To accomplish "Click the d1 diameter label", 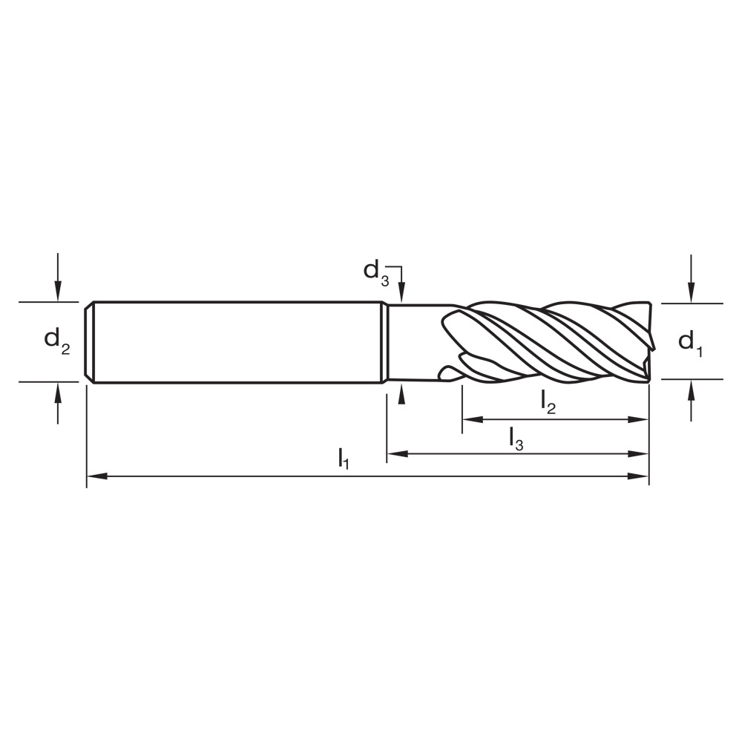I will coord(689,342).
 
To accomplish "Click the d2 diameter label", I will coord(57,341).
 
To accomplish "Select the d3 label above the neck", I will coord(375,271).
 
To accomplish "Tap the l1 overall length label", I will coord(343,458).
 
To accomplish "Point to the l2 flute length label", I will coord(548,402).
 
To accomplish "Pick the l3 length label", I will coord(516,437).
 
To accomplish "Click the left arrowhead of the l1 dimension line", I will coord(97,476).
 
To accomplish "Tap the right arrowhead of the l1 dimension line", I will coord(639,476).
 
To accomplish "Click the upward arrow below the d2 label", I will coord(58,392).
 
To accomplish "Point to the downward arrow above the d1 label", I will coord(691,294).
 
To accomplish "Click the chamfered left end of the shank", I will coord(89,342).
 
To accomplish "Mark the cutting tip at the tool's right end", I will coord(650,356).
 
